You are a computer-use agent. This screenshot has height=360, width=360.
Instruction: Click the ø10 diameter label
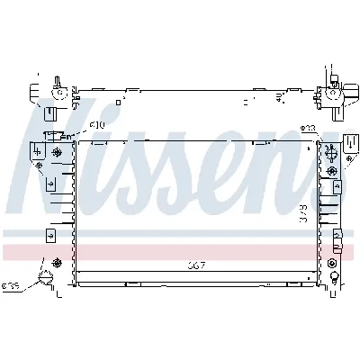[97, 124]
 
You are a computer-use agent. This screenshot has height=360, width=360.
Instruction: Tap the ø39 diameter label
[11, 287]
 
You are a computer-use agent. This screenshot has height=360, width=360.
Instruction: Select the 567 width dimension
[197, 265]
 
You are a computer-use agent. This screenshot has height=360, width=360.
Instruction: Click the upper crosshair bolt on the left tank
[58, 152]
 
